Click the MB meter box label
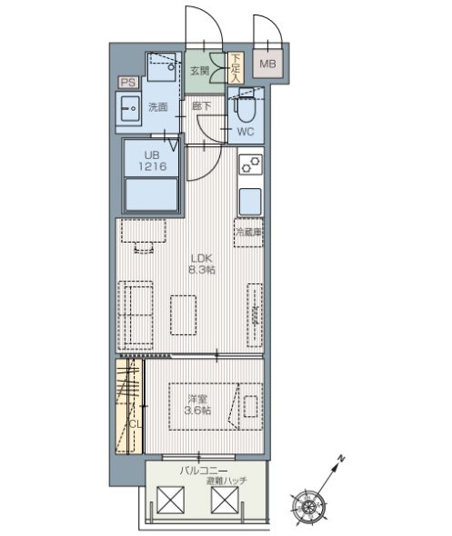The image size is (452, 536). point(267,65)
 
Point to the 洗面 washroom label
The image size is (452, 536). point(158,107)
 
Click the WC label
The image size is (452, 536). point(245,132)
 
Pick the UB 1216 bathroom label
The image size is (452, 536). point(151,161)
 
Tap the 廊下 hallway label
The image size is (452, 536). point(203,106)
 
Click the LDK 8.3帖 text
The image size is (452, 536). point(201,263)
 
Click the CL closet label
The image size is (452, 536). point(135,424)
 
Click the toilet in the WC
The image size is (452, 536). point(245,109)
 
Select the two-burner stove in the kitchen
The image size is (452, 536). point(251,164)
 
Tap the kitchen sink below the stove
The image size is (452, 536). point(251,199)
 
